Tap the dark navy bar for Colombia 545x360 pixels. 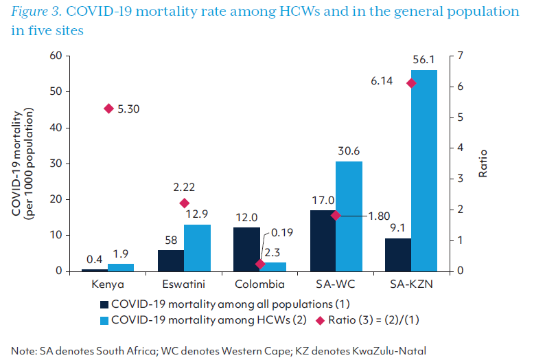point(247,249)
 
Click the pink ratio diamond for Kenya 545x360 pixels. point(108,109)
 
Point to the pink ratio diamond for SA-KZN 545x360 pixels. point(411,83)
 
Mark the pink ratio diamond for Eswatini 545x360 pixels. point(184,203)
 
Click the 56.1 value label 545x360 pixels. point(424,60)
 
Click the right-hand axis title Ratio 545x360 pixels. point(483,164)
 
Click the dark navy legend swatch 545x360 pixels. point(104,304)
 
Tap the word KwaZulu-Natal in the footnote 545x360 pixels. point(392,350)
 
